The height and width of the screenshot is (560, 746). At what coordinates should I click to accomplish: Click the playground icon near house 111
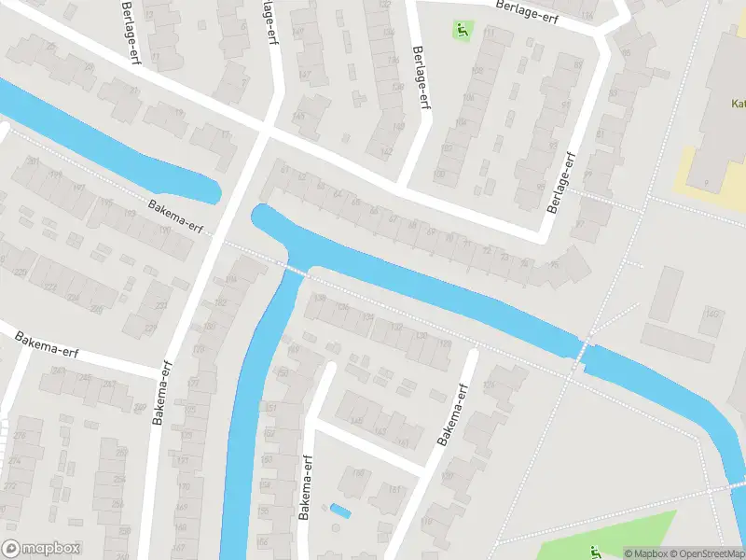[462, 30]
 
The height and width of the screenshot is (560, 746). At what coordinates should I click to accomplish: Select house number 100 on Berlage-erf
[438, 174]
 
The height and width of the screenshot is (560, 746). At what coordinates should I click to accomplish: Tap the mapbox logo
[42, 549]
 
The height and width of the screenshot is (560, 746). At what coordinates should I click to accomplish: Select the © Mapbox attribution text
[645, 553]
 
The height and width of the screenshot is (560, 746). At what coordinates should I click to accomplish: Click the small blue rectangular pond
[340, 511]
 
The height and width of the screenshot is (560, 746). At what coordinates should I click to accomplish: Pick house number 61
[285, 169]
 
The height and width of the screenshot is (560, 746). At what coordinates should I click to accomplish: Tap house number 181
[394, 489]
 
